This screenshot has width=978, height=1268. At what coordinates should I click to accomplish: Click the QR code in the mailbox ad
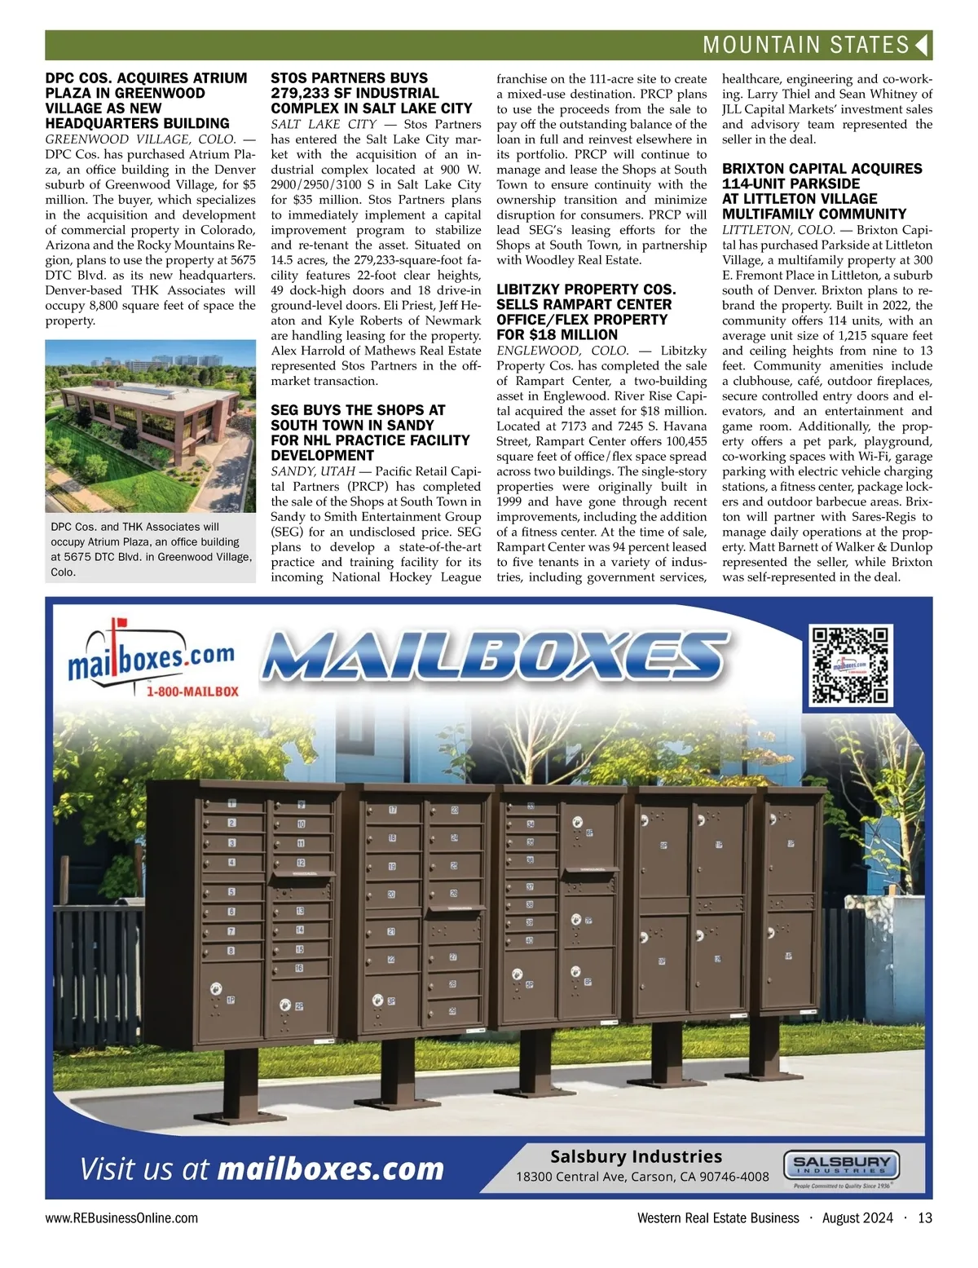(x=852, y=665)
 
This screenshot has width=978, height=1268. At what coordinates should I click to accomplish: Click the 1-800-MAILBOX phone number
(x=192, y=691)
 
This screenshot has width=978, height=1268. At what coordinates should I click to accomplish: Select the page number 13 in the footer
(x=924, y=1218)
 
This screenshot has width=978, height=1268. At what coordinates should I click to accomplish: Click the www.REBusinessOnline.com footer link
(x=121, y=1218)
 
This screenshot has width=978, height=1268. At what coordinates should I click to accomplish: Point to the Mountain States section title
(x=805, y=46)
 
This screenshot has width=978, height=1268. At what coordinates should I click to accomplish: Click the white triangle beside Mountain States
(x=922, y=46)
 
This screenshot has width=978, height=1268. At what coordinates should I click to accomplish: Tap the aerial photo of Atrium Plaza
(x=150, y=426)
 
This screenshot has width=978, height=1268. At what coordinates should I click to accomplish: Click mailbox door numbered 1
(x=233, y=804)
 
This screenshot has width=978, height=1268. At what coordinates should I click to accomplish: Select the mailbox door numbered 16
(x=300, y=968)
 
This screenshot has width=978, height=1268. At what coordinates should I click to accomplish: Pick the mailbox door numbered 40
(x=530, y=940)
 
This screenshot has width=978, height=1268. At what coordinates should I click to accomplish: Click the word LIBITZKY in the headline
(x=529, y=289)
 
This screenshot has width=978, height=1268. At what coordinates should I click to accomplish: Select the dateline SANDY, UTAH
(x=313, y=471)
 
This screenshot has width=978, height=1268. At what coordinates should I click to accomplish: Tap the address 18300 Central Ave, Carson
(x=642, y=1177)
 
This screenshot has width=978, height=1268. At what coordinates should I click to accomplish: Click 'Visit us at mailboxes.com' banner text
(x=262, y=1169)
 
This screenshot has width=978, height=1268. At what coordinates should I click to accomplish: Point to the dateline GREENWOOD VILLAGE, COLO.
(x=140, y=139)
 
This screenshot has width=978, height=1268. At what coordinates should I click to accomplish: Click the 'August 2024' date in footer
(x=857, y=1218)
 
